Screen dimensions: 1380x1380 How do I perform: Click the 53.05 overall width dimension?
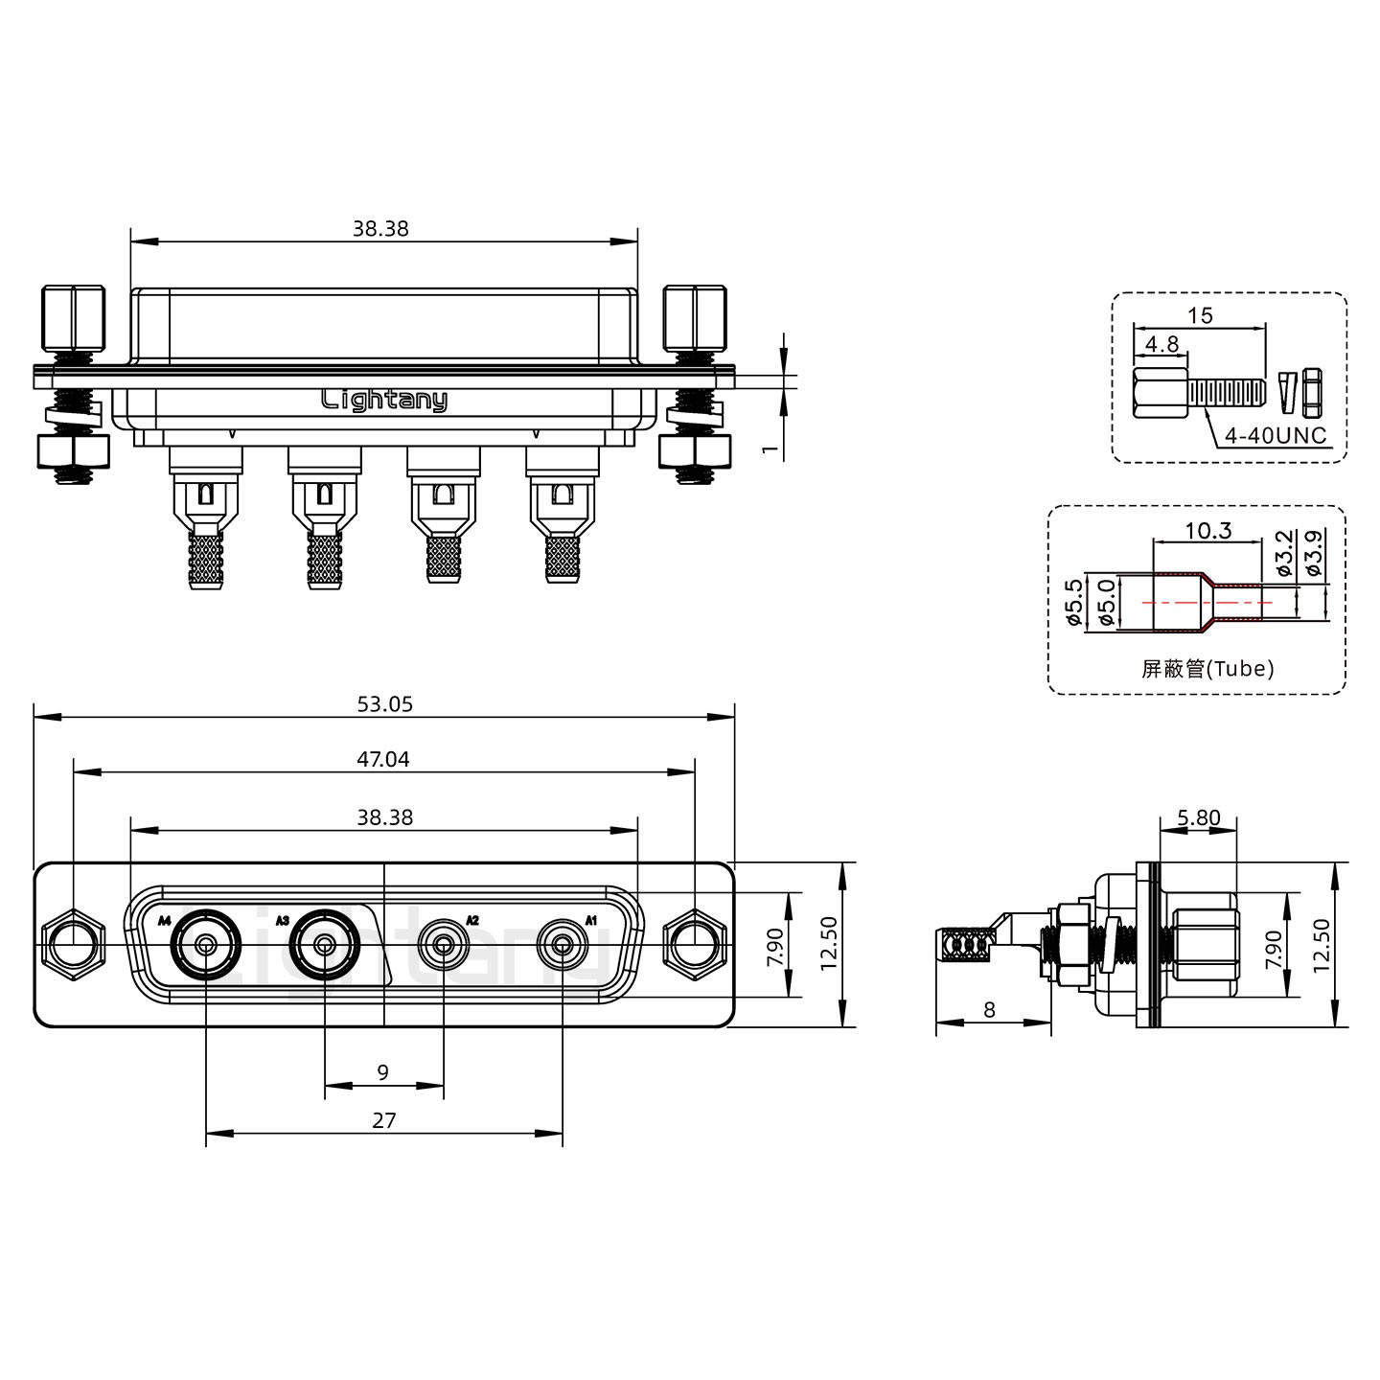click(384, 704)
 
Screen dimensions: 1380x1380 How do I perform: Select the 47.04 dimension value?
click(383, 759)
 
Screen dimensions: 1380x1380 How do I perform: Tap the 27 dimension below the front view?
click(383, 1120)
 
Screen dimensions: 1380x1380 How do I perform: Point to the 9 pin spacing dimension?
click(383, 1072)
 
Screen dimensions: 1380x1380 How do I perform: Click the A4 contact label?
click(164, 921)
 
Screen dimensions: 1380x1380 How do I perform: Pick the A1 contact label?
click(591, 921)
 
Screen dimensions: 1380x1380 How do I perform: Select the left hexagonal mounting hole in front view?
click(73, 946)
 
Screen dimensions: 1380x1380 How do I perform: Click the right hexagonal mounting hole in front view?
click(694, 946)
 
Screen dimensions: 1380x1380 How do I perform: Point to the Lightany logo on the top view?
click(383, 401)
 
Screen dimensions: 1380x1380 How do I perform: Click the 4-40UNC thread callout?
click(1276, 436)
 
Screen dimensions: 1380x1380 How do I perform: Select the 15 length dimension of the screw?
click(1200, 314)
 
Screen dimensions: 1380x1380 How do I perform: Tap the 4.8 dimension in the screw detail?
click(1161, 343)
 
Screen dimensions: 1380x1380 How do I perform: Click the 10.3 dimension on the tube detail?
click(1207, 530)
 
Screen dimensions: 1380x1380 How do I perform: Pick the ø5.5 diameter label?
click(1074, 602)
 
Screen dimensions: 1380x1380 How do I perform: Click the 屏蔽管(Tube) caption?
click(1207, 669)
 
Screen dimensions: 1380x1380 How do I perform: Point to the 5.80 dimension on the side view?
click(1198, 817)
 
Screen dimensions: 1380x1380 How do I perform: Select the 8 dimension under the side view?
click(989, 1009)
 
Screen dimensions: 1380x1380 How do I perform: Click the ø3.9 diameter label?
click(1315, 553)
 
